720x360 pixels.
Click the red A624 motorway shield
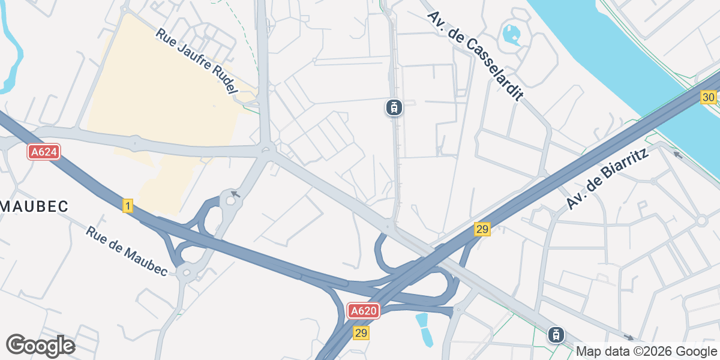[44, 152]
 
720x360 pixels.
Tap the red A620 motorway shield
[364, 311]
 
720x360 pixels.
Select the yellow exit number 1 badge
[127, 206]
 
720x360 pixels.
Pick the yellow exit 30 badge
[709, 97]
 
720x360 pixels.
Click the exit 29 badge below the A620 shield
[361, 333]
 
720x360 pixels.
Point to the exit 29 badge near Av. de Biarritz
[482, 229]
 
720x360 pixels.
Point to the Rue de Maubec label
[126, 251]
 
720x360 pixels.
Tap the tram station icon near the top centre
[394, 108]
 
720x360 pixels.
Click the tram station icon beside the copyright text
[556, 335]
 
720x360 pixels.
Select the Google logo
[40, 346]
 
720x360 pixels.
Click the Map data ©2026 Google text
[646, 351]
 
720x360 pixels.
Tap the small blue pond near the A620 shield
[424, 329]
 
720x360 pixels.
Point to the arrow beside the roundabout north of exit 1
[236, 194]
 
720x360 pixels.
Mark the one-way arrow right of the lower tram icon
[628, 337]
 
